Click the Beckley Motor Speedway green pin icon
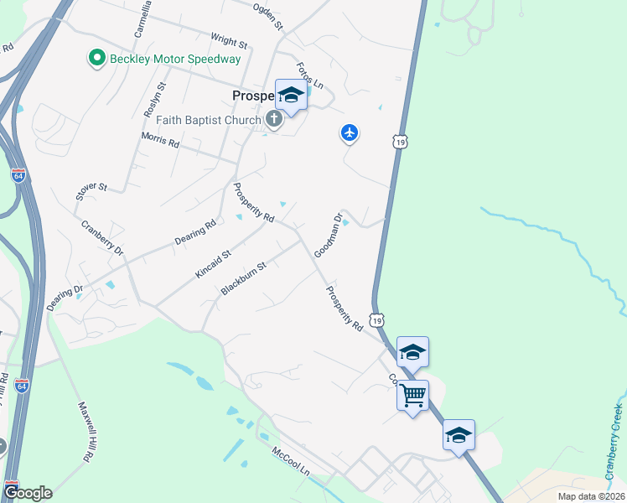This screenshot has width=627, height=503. click(x=97, y=59)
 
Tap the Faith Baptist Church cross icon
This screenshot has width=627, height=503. click(x=273, y=120)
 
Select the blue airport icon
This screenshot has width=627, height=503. click(x=350, y=132)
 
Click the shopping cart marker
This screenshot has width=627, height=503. click(x=412, y=395)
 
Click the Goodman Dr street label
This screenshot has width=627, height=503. click(x=329, y=236)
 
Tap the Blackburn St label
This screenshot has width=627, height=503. click(x=243, y=278)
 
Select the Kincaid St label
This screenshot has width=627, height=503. click(x=213, y=263)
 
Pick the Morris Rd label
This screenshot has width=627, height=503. click(x=160, y=140)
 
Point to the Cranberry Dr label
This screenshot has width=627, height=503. click(x=102, y=238)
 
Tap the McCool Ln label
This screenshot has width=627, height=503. click(x=291, y=462)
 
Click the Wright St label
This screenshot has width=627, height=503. click(x=229, y=40)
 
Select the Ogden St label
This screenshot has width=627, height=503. click(x=268, y=16)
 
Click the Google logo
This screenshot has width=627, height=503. click(x=27, y=493)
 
